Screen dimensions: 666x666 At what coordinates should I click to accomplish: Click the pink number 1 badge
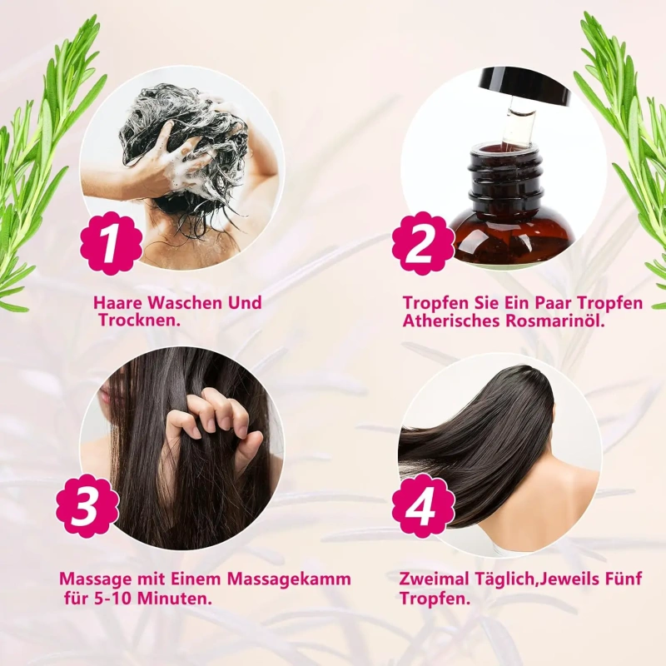click(x=112, y=243)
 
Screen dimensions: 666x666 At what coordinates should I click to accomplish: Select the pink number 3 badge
click(x=88, y=506)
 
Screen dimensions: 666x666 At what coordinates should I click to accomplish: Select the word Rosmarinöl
click(x=554, y=321)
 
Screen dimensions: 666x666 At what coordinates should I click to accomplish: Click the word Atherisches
click(x=451, y=321)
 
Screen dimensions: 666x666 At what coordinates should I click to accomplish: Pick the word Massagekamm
click(x=289, y=579)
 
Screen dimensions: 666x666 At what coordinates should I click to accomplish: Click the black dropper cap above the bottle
click(x=524, y=87)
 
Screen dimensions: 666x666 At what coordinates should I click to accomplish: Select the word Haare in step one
click(x=120, y=303)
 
